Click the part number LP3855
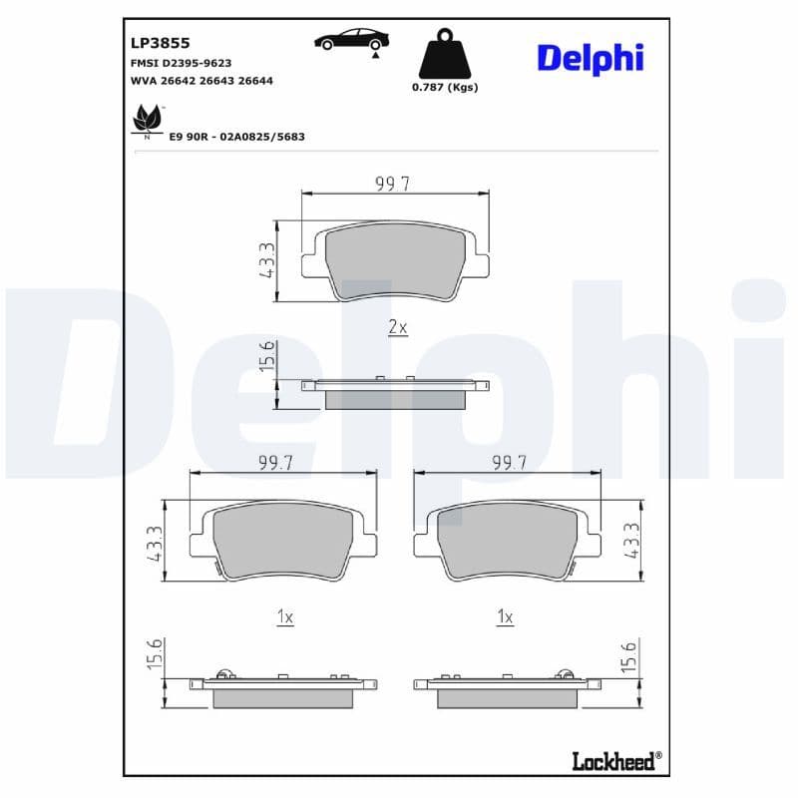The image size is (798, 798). pyautogui.click(x=160, y=43)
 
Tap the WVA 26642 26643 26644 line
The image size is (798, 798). pyautogui.click(x=201, y=81)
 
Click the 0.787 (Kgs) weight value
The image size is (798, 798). pyautogui.click(x=445, y=87)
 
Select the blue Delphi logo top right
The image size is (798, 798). pyautogui.click(x=591, y=58)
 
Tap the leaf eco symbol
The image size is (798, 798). pyautogui.click(x=147, y=119)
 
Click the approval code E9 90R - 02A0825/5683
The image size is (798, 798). pyautogui.click(x=237, y=136)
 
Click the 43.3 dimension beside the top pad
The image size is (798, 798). pyautogui.click(x=266, y=260)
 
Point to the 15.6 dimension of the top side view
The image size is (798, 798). pyautogui.click(x=266, y=357)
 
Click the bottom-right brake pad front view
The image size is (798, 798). pyautogui.click(x=508, y=542)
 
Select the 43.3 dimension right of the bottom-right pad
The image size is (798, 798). pyautogui.click(x=631, y=541)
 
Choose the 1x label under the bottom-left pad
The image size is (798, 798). pyautogui.click(x=284, y=618)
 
